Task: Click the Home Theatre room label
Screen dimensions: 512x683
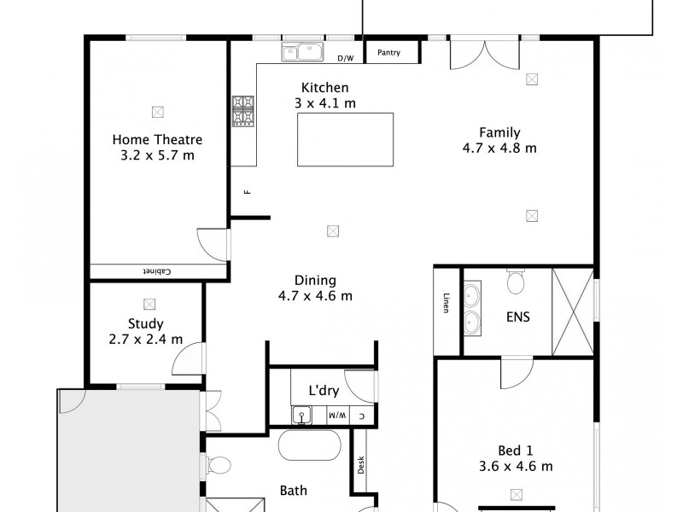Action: [158, 140]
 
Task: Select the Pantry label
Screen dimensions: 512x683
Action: [389, 53]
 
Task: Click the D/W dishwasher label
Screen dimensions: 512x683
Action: [345, 59]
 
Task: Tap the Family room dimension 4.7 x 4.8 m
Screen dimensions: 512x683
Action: [499, 148]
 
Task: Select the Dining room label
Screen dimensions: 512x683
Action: [315, 280]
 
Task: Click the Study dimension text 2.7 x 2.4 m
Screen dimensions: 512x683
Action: [146, 339]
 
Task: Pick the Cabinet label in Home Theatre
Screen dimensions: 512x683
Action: [157, 272]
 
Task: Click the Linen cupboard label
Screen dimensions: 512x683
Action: [446, 304]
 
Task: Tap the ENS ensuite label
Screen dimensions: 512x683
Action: [517, 317]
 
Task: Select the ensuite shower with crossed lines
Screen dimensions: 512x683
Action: [572, 311]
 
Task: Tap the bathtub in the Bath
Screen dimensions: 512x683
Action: [309, 445]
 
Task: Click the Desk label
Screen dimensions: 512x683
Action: [361, 465]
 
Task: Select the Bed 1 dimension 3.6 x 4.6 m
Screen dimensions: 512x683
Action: [517, 466]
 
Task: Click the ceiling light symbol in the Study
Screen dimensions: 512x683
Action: [150, 303]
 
